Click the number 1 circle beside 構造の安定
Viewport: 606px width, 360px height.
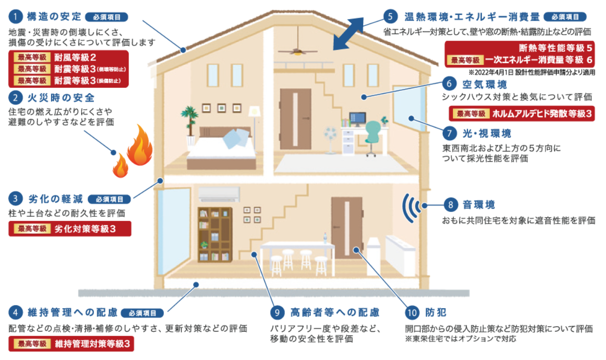(16, 17)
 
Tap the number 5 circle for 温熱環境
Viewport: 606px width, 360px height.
(390, 17)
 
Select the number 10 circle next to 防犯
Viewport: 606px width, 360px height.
(412, 312)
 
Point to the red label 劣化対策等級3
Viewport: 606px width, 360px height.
(70, 229)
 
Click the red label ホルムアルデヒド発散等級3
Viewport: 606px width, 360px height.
(521, 114)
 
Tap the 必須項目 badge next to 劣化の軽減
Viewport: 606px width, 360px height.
(110, 199)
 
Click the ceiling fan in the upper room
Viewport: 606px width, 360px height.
(297, 50)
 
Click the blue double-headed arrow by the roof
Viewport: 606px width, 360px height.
(349, 34)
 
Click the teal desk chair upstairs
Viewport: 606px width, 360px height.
(372, 136)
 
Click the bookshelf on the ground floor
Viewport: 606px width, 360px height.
(215, 234)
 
